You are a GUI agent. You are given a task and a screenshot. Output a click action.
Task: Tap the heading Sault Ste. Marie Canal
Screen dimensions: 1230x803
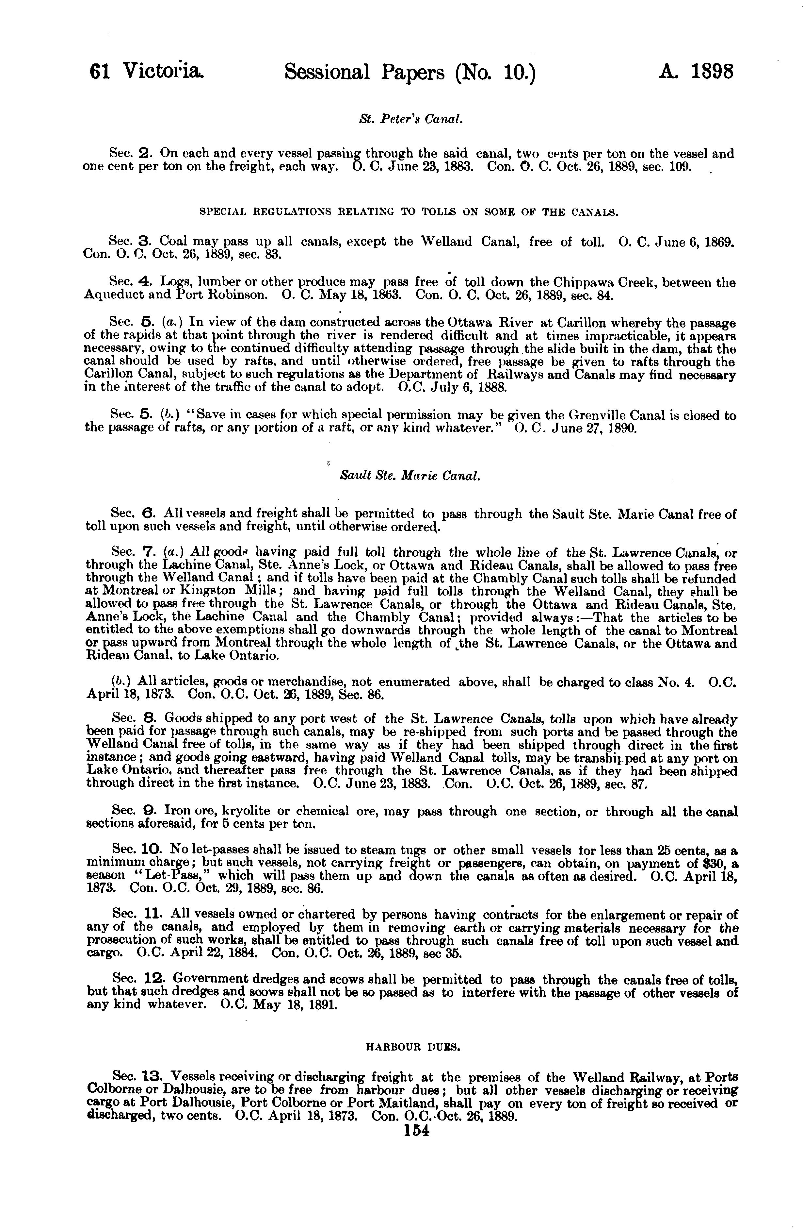click(410, 476)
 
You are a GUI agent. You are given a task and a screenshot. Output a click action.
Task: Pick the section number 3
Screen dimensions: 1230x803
click(145, 241)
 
